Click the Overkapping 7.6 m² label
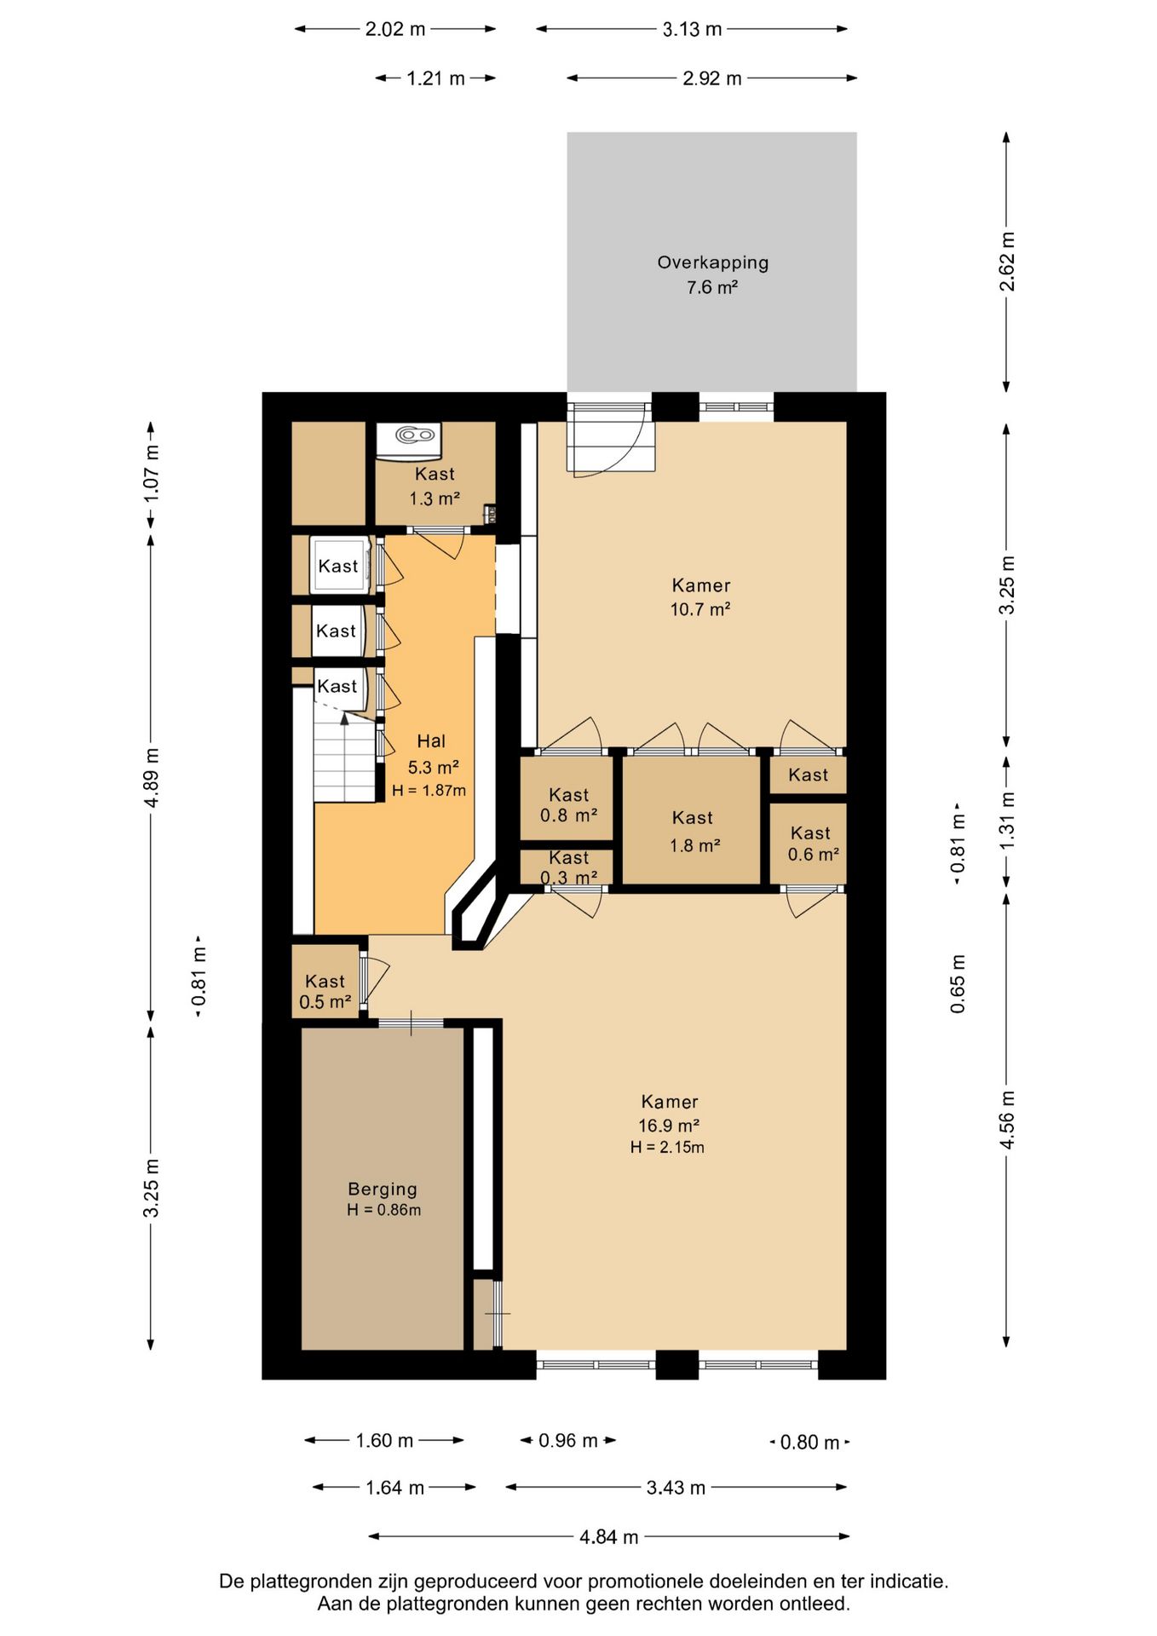coord(712,274)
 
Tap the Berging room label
coord(383,1189)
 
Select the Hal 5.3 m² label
coord(431,754)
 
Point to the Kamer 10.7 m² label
coord(700,596)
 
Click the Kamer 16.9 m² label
coord(670,1113)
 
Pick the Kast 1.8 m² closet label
coord(693,831)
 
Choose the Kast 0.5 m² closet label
coord(325,992)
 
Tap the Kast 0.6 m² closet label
coord(811,844)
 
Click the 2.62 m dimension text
coord(1007,262)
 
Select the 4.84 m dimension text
coord(608,1536)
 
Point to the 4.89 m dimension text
coord(151,777)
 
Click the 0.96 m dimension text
coord(568,1440)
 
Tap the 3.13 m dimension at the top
coord(692,29)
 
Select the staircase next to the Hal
coord(344,752)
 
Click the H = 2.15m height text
coord(667,1147)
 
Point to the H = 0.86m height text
coord(383,1210)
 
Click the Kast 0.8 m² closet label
coord(568,804)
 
